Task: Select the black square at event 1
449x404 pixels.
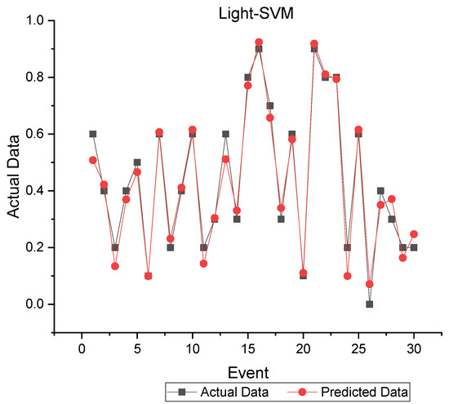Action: [93, 134]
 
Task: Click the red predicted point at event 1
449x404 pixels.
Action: [93, 160]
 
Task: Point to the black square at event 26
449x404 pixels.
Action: [370, 304]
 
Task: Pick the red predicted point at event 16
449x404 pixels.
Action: [259, 42]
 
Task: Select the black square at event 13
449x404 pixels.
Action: [225, 134]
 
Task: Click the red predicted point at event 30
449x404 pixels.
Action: [414, 234]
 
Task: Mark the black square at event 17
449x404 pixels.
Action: [270, 105]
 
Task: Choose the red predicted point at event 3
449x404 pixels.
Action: [115, 266]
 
